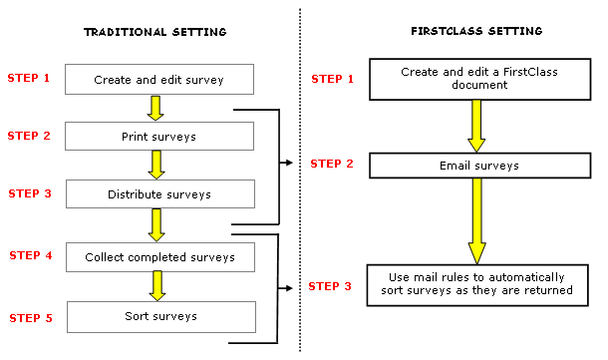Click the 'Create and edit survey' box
pos(159,79)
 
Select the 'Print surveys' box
pos(159,137)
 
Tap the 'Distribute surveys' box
pos(160,194)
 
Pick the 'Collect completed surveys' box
pos(160,257)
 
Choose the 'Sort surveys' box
pos(161,317)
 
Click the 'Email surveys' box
pos(480,166)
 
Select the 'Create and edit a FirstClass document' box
pos(480,79)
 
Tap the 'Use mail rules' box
pos(477,285)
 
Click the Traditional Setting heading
pos(155,32)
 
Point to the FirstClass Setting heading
pos(476,31)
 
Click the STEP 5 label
pos(31,318)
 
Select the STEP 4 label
pos(31,255)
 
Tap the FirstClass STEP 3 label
pos(330,286)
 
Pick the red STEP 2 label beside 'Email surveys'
pos(332,164)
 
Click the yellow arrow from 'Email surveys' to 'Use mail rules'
pos(477,221)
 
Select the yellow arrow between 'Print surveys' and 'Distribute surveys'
pos(156,165)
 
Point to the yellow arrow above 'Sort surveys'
pos(157,286)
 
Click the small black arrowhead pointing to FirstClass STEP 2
pos(288,163)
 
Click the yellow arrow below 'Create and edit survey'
pos(155,109)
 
